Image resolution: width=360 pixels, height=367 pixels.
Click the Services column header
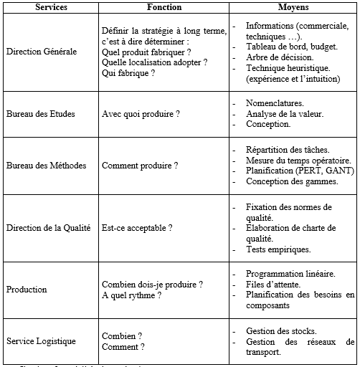[48, 7]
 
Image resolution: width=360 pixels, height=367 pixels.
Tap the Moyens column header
[293, 7]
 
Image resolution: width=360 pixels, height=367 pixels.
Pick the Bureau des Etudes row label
[40, 114]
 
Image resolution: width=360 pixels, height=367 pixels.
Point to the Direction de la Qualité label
[48, 228]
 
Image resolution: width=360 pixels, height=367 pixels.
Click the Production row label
[27, 290]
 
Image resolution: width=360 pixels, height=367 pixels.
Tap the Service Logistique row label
[41, 341]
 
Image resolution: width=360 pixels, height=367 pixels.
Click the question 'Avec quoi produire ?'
[140, 114]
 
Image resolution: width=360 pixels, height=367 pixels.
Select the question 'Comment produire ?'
[140, 166]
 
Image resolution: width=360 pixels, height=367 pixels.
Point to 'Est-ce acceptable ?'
[137, 228]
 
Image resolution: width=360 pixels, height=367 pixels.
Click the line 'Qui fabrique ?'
[128, 73]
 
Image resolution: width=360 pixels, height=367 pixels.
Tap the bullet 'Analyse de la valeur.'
[285, 114]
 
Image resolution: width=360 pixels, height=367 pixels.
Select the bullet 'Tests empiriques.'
[278, 249]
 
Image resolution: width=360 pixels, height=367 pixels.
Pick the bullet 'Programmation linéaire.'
[290, 274]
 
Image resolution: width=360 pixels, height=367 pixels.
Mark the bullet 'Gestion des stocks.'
[282, 331]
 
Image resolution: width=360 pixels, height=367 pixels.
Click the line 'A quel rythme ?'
[131, 295]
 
